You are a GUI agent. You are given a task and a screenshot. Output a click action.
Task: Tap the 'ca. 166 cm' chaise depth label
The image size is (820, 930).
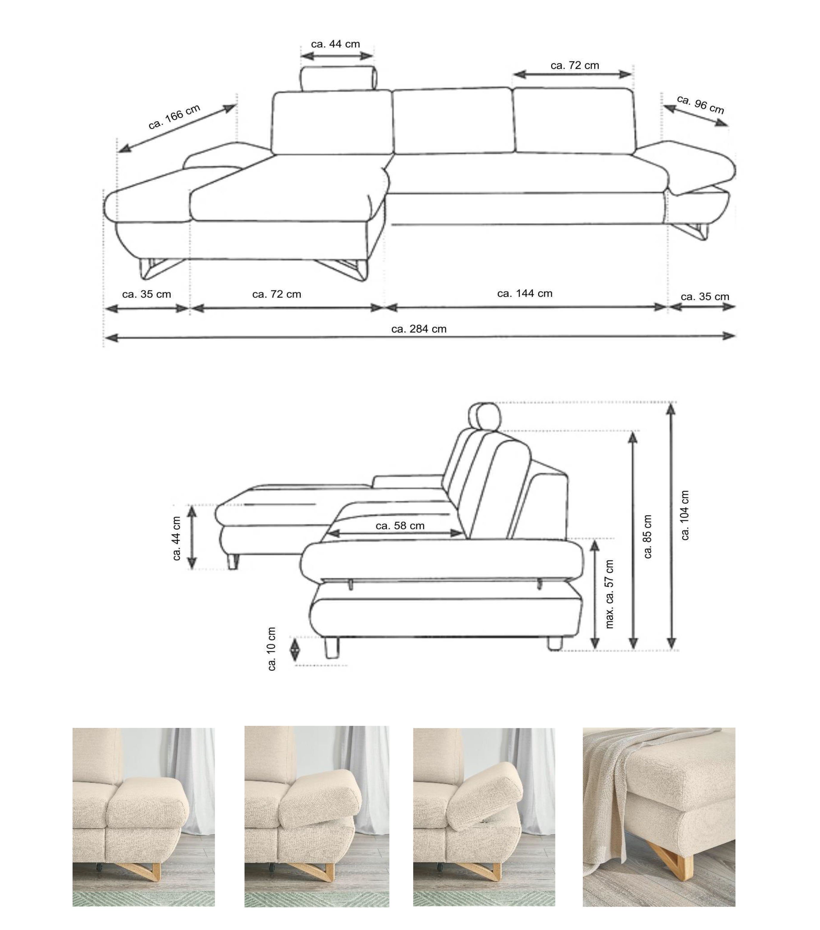point(174,117)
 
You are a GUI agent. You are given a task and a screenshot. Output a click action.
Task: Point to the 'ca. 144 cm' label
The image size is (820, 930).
point(524,294)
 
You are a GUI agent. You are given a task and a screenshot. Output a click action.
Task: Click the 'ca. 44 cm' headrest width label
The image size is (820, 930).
point(335,44)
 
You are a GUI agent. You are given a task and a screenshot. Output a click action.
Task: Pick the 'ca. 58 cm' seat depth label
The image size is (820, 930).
point(400,526)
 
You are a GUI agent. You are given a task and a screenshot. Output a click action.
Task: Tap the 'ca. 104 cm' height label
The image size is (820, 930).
point(685,515)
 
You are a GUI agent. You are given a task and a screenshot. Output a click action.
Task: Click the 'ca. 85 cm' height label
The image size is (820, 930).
point(648,537)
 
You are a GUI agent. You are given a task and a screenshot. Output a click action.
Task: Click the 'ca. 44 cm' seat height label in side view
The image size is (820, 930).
point(176,538)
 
